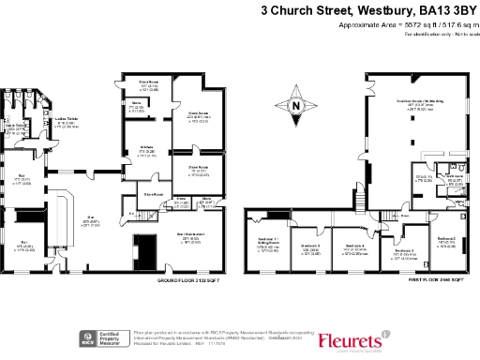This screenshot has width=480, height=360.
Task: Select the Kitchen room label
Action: point(146,150)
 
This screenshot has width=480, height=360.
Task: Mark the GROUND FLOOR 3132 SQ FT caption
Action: point(182,279)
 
